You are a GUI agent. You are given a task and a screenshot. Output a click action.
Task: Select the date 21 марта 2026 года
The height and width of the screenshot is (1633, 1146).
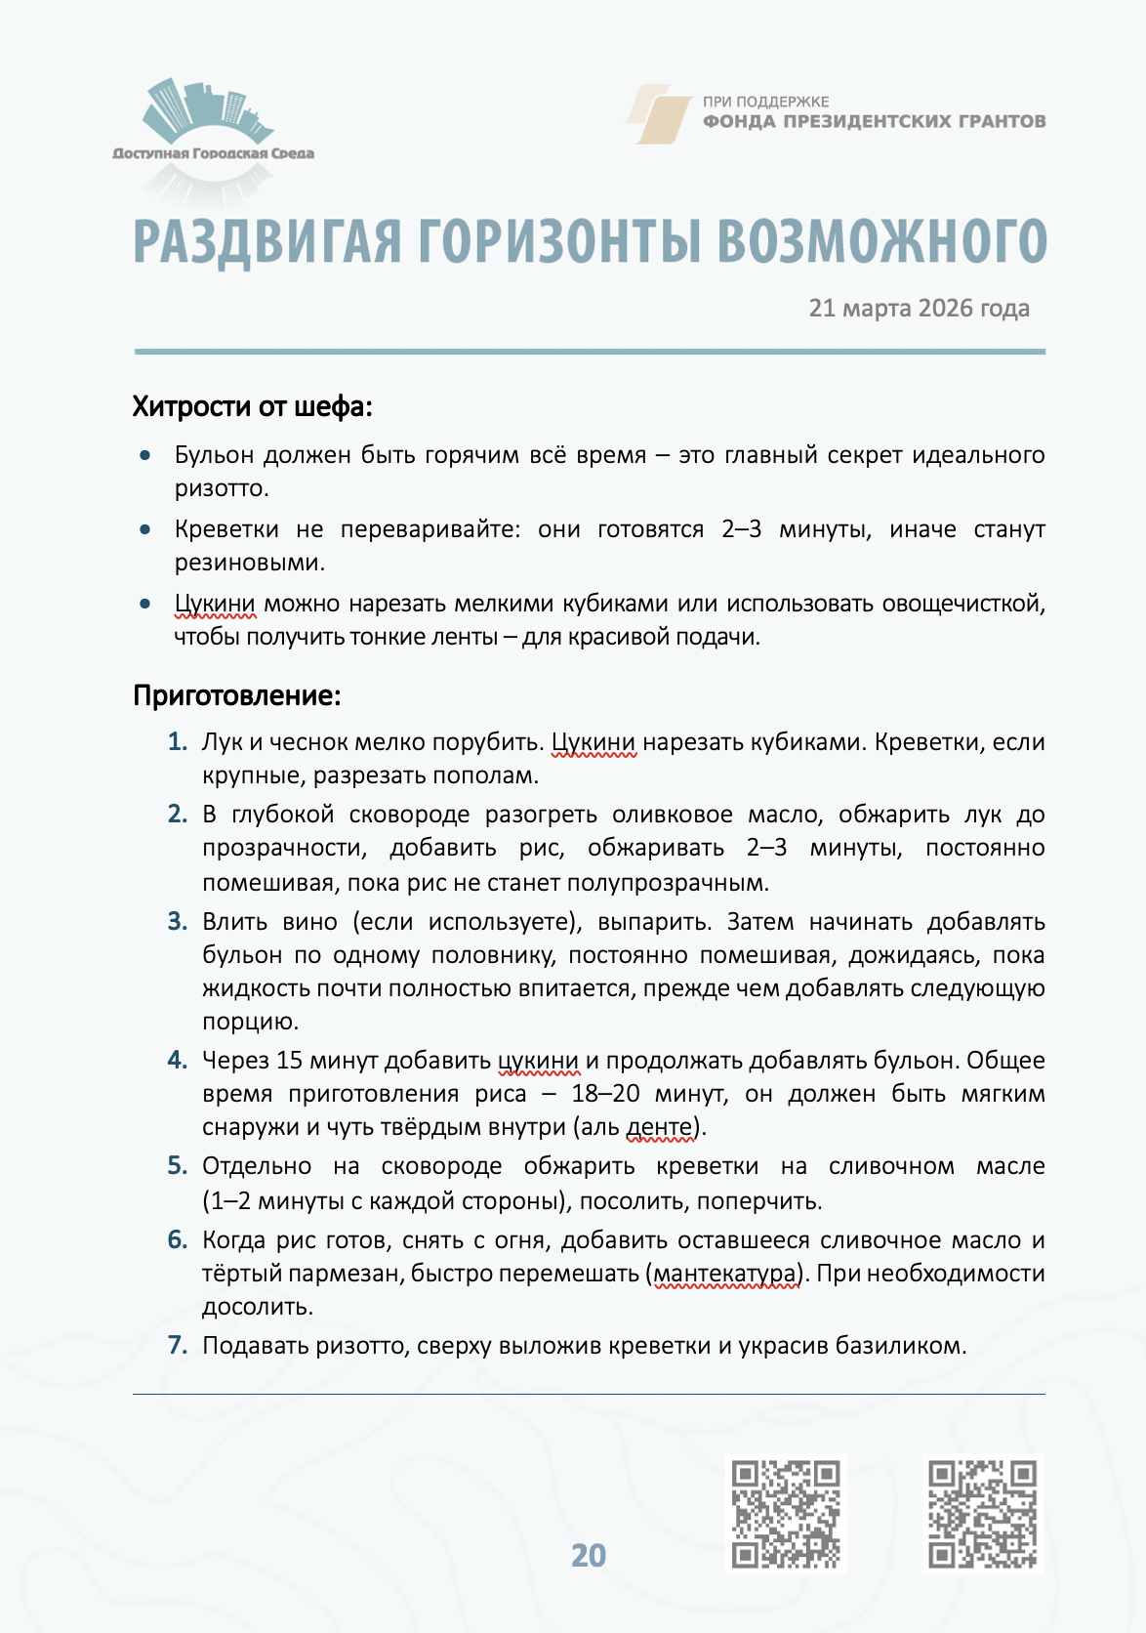pyautogui.click(x=919, y=309)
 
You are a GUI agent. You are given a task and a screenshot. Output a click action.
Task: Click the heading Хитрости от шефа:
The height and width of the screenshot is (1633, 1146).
pyautogui.click(x=252, y=406)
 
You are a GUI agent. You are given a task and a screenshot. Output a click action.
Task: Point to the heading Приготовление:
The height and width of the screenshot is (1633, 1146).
pyautogui.click(x=236, y=695)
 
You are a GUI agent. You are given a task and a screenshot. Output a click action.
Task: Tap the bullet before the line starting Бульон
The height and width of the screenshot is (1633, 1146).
pyautogui.click(x=145, y=455)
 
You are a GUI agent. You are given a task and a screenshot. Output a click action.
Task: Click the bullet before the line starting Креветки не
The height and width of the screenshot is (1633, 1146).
pyautogui.click(x=145, y=529)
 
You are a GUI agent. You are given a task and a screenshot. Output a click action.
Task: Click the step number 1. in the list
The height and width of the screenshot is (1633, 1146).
pyautogui.click(x=177, y=742)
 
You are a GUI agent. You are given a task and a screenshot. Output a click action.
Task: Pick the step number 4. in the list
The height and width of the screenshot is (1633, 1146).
pyautogui.click(x=177, y=1061)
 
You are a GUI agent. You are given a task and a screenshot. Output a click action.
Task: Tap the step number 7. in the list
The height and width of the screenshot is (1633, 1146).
pyautogui.click(x=177, y=1346)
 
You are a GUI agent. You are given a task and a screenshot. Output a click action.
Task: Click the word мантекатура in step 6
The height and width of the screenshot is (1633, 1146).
pyautogui.click(x=724, y=1274)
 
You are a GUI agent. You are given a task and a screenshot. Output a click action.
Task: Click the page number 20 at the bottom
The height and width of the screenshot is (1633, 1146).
pyautogui.click(x=589, y=1555)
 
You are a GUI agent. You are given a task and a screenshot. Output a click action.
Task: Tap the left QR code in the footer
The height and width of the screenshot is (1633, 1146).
pyautogui.click(x=786, y=1514)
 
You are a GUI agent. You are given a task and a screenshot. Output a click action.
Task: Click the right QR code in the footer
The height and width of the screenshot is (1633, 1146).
pyautogui.click(x=982, y=1514)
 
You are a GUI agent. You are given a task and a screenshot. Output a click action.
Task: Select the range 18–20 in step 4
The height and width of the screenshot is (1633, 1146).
pyautogui.click(x=605, y=1094)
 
